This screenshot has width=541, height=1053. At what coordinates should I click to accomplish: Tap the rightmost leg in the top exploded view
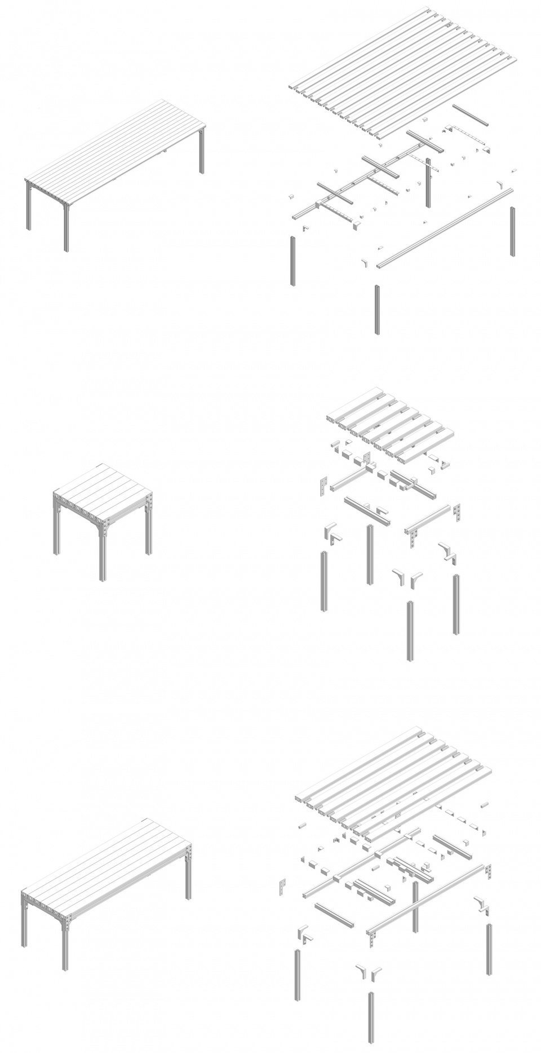click(512, 231)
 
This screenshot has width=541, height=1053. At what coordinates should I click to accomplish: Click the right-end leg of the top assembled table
click(202, 152)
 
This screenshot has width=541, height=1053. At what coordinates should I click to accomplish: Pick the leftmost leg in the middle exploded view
click(325, 581)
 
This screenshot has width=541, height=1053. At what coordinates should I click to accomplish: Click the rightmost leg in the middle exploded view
click(455, 603)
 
